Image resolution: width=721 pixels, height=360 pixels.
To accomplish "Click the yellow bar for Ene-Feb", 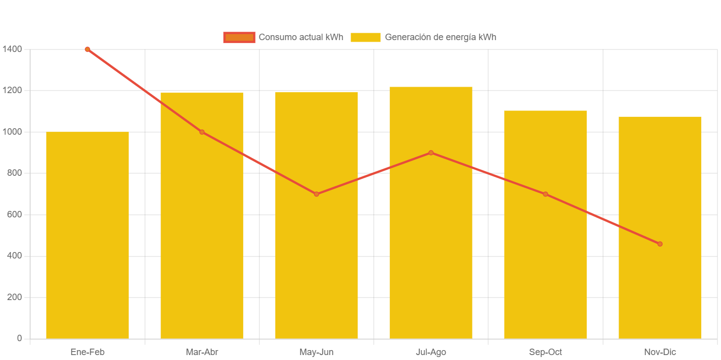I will pos(87,235).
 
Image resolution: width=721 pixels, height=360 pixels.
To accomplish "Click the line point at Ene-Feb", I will pos(87,49).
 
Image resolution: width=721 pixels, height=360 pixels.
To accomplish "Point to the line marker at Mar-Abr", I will pos(202,132).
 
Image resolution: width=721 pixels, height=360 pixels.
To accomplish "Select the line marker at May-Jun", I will pos(316,194).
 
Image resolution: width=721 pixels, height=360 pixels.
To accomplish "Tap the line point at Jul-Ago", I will pos(431,153).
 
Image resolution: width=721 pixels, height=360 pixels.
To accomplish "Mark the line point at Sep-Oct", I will pos(545,194).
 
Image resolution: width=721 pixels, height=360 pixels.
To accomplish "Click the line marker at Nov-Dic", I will pos(660,244).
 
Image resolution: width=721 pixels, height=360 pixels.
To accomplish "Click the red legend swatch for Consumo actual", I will pos(239,37).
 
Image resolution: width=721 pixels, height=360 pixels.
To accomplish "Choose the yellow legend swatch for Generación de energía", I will pos(365,37).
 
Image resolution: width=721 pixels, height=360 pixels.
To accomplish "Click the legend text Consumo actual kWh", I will pos(301,37).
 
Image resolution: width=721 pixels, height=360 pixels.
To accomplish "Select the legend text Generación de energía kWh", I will pos(440,37).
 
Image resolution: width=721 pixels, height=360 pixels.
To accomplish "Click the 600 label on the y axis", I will pos(13,214).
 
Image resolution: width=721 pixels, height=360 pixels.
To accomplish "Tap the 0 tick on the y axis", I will pos(19,338).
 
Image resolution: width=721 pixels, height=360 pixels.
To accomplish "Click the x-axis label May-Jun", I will pos(316,352).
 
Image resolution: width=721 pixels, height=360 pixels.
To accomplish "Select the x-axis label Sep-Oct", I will pos(545,352).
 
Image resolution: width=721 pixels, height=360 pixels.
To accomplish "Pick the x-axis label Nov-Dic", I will pos(660,352).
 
